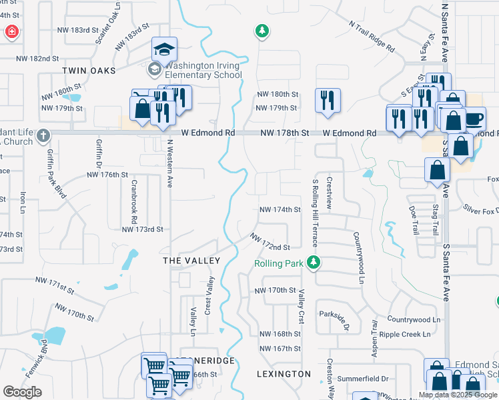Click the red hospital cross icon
pos(11,31)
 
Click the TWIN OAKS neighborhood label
pos(89,71)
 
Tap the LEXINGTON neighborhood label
pos(284,374)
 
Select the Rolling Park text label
pos(278,263)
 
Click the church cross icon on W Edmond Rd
pos(43,135)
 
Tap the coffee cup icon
pos(474,119)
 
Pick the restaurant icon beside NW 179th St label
pos(327,99)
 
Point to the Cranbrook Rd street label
pos(134,201)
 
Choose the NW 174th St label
pos(280,209)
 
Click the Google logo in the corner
pos(22,392)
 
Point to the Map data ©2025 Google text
pos(457,395)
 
